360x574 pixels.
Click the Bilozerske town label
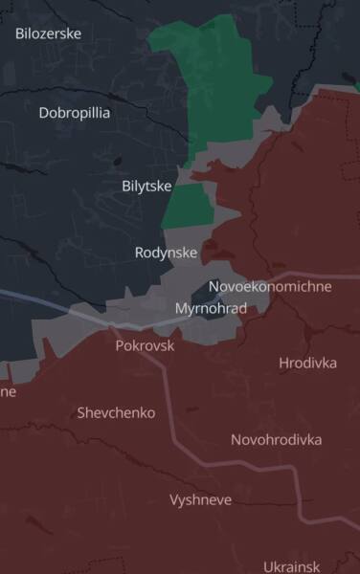coord(48,33)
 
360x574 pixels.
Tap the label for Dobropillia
coord(74,113)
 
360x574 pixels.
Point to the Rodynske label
coord(166,253)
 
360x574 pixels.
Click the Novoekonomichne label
coord(270,286)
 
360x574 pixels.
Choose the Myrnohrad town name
coord(211,308)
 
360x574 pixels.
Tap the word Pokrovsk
coord(145,345)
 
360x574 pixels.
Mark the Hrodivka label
coord(307,363)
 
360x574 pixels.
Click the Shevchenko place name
coord(115,412)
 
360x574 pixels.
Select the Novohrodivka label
coord(276,439)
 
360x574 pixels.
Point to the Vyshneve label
coord(200,499)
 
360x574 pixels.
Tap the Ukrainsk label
coord(291,566)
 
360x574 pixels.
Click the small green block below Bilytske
coord(189,205)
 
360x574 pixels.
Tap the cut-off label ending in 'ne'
coord(8,391)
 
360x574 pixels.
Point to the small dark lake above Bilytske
coord(116,162)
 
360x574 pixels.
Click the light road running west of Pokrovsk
coord(48,302)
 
